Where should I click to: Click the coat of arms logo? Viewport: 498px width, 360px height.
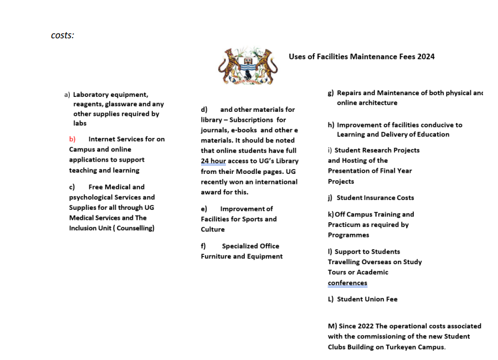tap(248, 66)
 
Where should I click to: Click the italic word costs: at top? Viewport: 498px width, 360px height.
tap(63, 35)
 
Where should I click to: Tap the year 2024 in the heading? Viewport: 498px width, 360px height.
tap(426, 56)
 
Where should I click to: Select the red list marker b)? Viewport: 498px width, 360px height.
tap(72, 139)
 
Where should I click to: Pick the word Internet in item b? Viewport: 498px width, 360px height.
tap(102, 139)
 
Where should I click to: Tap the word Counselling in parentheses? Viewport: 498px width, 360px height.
tap(134, 228)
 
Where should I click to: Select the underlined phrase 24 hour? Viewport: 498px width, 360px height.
tap(213, 161)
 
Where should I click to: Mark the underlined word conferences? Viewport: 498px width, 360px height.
tap(347, 283)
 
